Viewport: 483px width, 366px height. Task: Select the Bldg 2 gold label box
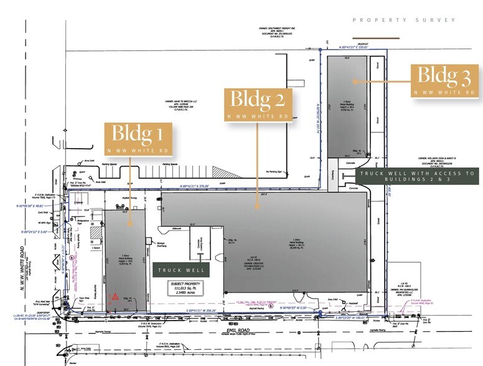tap(258, 104)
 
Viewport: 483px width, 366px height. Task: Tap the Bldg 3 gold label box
tap(444, 81)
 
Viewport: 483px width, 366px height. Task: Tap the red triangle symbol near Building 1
tap(114, 298)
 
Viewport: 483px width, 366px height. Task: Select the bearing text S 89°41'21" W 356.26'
tap(199, 309)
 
